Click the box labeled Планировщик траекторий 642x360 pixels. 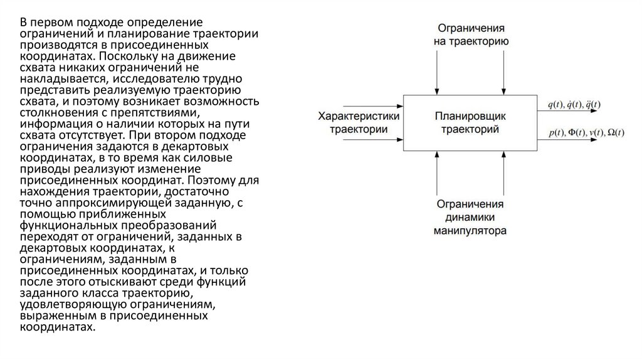coord(470,123)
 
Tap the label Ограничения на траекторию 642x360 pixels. coord(471,35)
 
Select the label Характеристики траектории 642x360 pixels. coord(359,123)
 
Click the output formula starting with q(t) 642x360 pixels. coord(574,104)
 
